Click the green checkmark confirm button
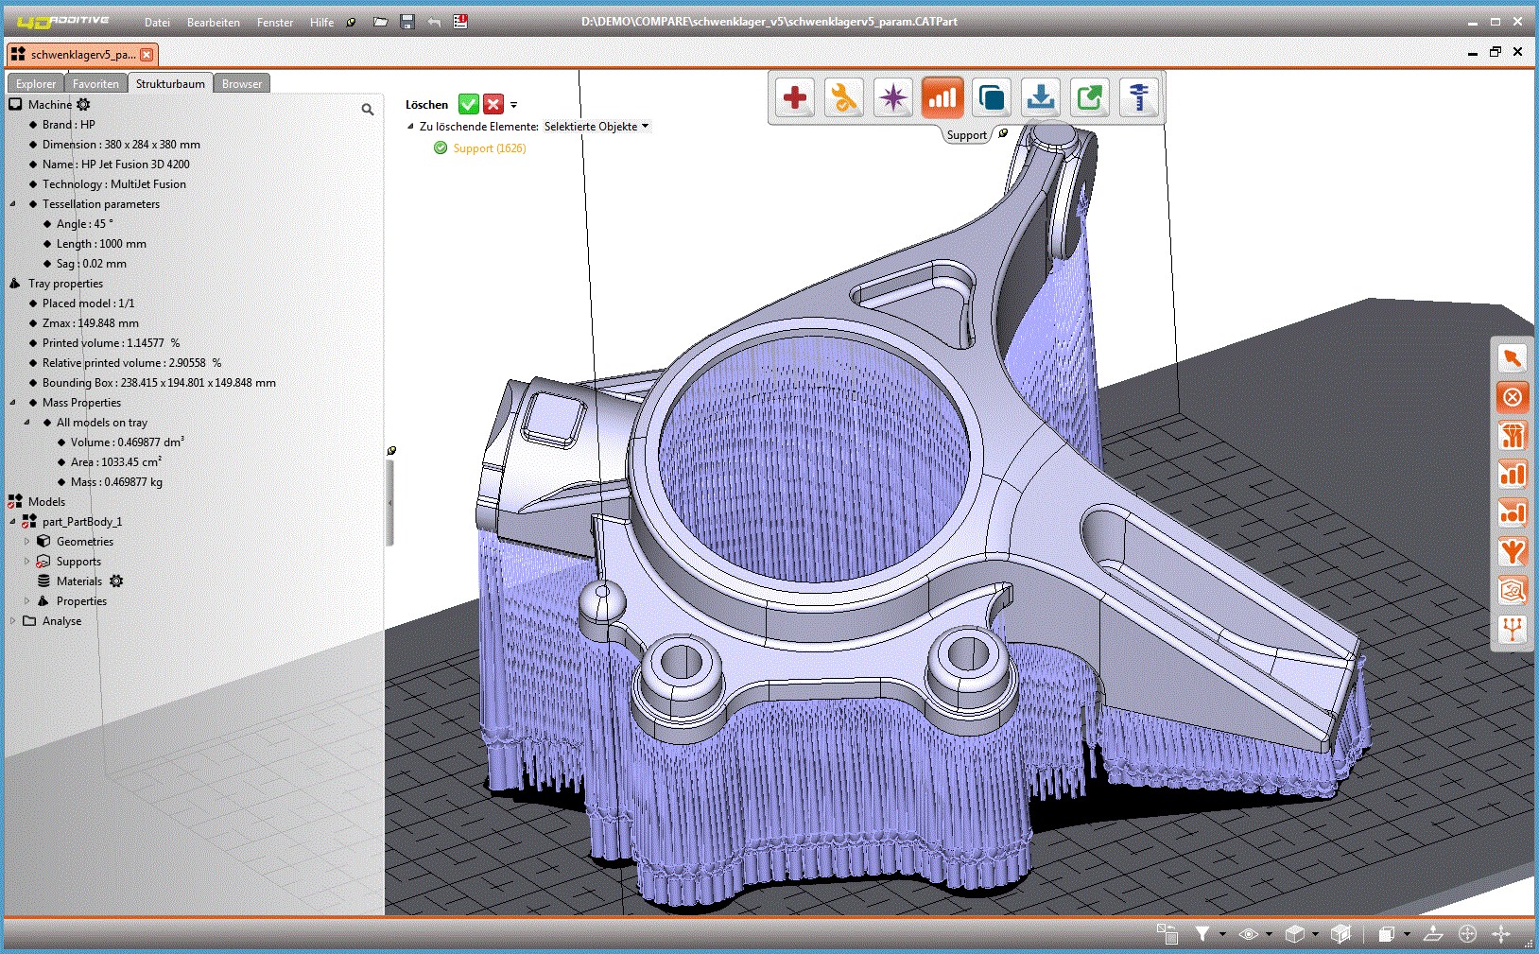coord(468,104)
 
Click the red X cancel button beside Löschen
coord(493,104)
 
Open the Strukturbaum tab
coord(170,83)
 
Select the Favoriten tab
coord(95,83)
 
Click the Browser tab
coord(242,83)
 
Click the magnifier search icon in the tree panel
coord(368,110)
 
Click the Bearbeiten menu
coord(213,22)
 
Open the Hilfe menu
coord(321,22)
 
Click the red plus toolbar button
coord(795,97)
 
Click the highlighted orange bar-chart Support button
coord(942,97)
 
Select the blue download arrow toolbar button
coord(1041,97)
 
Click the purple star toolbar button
coord(892,97)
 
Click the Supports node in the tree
coord(78,562)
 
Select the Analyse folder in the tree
coord(61,621)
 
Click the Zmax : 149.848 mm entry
coord(90,323)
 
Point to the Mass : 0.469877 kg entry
coord(116,482)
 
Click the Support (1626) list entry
coord(489,148)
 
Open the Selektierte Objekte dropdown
coord(597,127)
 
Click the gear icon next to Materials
coord(116,581)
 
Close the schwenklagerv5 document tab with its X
coord(147,55)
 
